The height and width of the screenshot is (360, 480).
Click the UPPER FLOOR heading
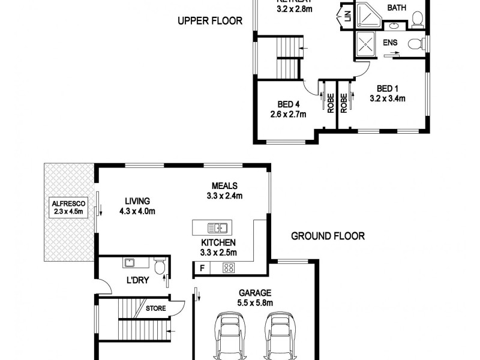209,21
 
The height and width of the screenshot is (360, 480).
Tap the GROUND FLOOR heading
328,236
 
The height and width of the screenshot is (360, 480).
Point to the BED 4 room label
288,104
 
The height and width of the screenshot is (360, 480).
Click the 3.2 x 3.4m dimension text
388,98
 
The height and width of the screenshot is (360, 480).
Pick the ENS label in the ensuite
391,42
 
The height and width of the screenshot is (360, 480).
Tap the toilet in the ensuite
415,43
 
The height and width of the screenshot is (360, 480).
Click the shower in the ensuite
365,43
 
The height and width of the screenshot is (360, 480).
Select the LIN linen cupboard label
346,17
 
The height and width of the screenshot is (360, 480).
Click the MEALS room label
224,185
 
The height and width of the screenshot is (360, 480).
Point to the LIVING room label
137,201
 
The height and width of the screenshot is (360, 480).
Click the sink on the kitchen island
217,228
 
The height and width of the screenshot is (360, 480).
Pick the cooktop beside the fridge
229,268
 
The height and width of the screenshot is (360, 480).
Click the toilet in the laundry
160,266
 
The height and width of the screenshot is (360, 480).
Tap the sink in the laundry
128,262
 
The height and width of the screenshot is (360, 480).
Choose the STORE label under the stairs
155,308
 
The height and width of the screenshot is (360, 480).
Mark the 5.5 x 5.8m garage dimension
256,303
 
